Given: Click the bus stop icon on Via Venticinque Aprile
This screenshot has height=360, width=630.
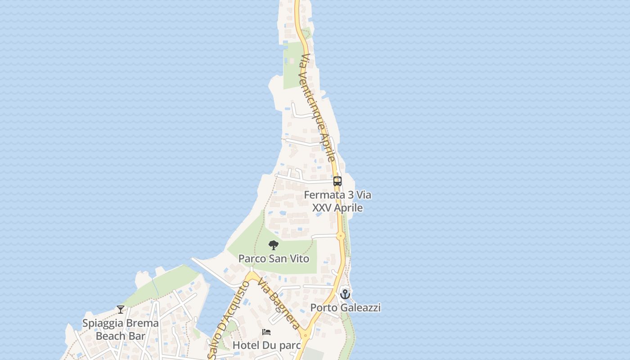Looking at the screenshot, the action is (337, 181).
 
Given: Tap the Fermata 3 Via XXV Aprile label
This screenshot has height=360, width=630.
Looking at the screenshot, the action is (337, 201).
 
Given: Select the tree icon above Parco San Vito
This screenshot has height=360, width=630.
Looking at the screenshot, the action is (274, 245).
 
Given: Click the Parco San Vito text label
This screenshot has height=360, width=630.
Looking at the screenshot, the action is (274, 259).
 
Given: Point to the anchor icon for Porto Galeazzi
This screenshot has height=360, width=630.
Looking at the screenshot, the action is (345, 294).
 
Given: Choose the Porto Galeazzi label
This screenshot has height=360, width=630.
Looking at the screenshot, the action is (346, 308).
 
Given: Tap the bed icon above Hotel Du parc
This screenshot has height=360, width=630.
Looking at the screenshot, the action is (266, 332).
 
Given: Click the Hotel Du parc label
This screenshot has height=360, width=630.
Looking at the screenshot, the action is (266, 345).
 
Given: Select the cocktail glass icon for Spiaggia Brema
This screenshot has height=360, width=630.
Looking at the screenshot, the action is (121, 309).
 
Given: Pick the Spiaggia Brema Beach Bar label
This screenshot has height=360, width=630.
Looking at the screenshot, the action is (121, 329).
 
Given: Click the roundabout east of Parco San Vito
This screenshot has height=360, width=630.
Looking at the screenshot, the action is (341, 235).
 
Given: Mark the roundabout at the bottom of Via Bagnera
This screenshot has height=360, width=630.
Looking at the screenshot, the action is (306, 335).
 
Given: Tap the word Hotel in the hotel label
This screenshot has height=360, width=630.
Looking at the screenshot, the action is (246, 345).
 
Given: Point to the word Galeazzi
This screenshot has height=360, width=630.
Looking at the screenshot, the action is (360, 308).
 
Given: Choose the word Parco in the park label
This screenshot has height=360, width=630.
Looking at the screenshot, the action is (252, 259).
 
